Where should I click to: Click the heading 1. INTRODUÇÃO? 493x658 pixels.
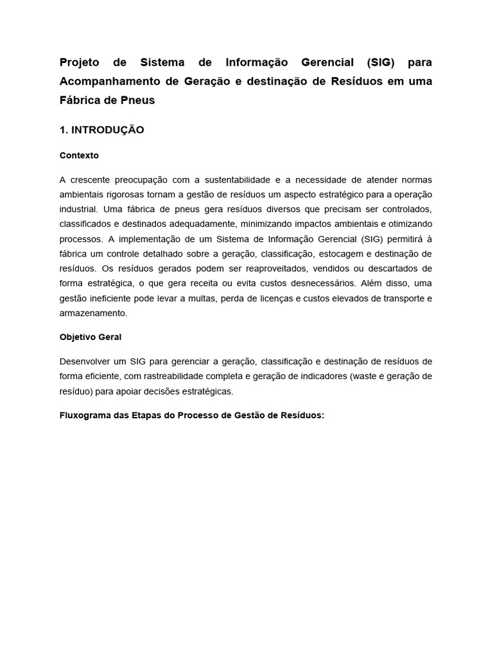pyautogui.click(x=101, y=130)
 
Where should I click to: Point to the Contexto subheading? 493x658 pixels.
pyautogui.click(x=79, y=156)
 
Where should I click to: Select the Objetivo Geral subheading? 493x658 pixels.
pyautogui.click(x=90, y=337)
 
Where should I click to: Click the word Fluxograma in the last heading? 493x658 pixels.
pyautogui.click(x=86, y=415)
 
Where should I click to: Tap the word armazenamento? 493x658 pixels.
pyautogui.click(x=93, y=313)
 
